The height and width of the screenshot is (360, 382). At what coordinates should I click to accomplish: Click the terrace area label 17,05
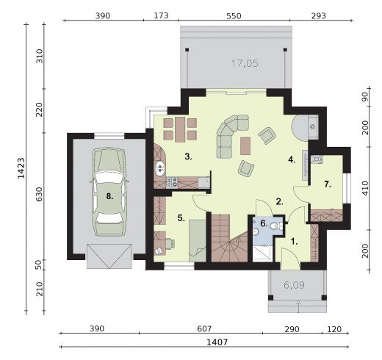click(245, 64)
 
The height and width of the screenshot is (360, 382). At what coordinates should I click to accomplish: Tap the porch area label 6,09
click(294, 285)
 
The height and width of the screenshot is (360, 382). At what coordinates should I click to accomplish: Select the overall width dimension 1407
click(217, 342)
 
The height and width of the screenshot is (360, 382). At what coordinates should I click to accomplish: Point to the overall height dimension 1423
click(21, 168)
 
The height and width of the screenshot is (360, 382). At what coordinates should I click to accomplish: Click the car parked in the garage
click(109, 192)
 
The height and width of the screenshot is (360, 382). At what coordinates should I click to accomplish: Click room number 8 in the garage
click(109, 196)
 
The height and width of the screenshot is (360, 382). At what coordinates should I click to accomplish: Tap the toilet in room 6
click(276, 226)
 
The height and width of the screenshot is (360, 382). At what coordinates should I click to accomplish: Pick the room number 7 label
click(328, 184)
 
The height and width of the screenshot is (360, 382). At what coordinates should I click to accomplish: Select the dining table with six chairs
click(180, 129)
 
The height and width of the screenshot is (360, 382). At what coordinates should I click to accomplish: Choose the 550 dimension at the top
click(234, 16)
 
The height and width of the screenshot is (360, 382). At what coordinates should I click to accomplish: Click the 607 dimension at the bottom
click(204, 329)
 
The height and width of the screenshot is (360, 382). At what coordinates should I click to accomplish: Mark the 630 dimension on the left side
click(39, 195)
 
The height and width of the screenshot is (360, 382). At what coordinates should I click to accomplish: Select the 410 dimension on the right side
click(365, 188)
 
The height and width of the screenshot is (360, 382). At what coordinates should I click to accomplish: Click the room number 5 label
click(181, 217)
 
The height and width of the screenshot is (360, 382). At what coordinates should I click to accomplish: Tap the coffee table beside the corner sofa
click(245, 146)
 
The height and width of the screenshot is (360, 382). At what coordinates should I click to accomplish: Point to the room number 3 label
click(188, 156)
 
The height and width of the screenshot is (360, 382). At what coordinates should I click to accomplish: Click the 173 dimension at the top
click(161, 15)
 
